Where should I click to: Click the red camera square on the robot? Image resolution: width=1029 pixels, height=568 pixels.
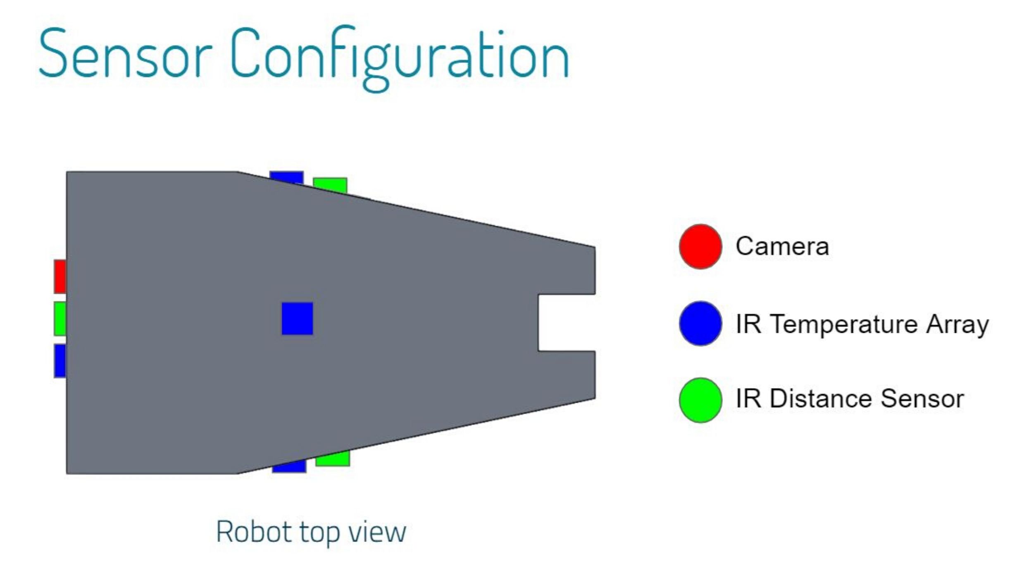coord(60,277)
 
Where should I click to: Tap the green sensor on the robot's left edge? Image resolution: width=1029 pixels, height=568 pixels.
coord(60,318)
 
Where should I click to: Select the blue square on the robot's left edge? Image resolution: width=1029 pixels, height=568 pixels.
coord(60,360)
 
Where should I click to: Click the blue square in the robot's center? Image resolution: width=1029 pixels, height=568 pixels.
coord(297,318)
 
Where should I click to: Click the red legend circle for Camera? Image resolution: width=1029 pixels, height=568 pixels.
coord(700,247)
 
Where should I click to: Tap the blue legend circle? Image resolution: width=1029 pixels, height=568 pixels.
coord(700,323)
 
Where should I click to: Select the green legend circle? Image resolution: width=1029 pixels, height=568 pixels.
coord(700,400)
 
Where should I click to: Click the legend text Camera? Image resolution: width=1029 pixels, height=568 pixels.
coord(782,247)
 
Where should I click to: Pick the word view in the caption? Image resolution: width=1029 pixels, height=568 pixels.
coord(377,532)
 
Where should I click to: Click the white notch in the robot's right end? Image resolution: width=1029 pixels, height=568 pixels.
coord(566,322)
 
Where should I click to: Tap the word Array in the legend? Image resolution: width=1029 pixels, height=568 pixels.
coord(957,325)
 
